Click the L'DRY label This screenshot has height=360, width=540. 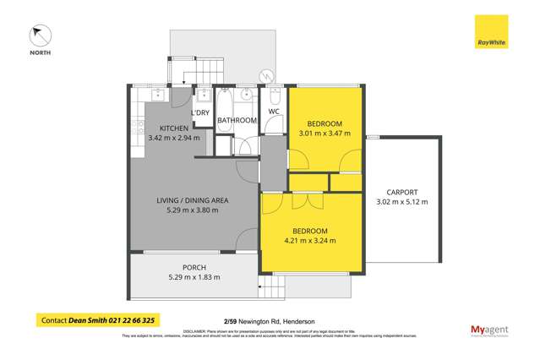click(200, 112)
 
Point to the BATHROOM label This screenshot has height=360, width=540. click(237, 121)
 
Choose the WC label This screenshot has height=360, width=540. click(274, 112)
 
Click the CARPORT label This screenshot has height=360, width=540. click(401, 192)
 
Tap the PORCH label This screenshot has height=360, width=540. click(194, 267)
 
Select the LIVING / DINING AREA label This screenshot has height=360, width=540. click(193, 200)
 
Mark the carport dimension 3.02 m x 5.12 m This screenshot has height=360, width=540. click(401, 202)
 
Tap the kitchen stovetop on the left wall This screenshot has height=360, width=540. click(135, 129)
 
